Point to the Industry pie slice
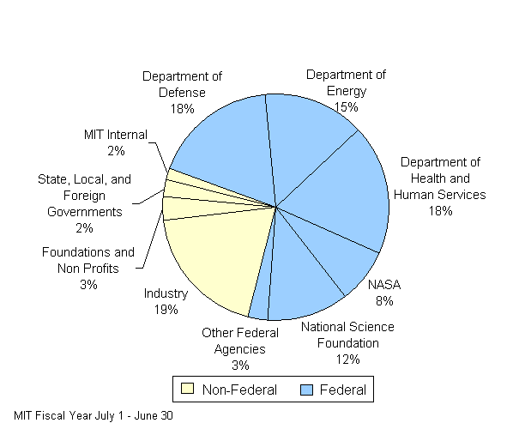214,257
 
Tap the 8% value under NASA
383,300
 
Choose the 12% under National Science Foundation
347,359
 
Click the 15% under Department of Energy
347,107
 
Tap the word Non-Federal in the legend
239,390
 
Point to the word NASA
383,285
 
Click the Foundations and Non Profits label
88,268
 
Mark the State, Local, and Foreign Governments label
84,203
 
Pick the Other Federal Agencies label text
239,348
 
